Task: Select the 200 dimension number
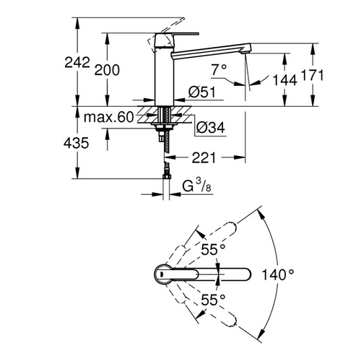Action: pos(107,69)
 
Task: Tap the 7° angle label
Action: pos(219,69)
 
